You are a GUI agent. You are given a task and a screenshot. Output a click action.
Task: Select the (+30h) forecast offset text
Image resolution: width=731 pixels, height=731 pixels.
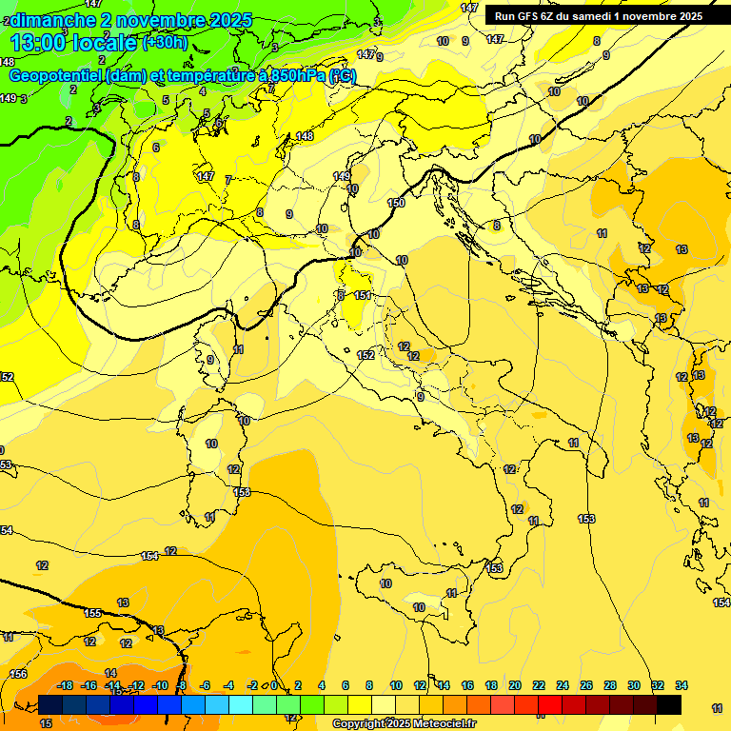pos(165,43)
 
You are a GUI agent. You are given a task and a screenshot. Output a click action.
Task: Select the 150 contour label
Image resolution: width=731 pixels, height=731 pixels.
pos(397,203)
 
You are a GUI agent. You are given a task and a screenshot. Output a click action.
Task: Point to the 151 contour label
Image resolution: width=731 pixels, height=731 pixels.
pos(363,296)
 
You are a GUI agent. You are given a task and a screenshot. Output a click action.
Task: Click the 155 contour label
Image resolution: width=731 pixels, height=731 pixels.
pos(92,614)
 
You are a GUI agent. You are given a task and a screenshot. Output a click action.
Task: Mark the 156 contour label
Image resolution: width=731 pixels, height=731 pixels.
pos(18,674)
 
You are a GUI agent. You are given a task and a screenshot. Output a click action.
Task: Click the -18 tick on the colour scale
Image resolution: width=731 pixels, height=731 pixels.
pos(66,685)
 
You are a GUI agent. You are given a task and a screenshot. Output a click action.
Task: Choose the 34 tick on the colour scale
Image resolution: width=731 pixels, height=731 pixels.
pos(682,685)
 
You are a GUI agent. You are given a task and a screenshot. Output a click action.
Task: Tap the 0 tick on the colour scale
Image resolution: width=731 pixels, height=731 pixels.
pos(274,685)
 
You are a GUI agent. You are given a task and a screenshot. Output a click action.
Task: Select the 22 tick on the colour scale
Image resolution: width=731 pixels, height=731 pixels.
pos(539,685)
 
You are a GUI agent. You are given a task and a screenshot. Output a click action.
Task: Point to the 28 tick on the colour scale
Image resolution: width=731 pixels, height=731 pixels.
pos(610,685)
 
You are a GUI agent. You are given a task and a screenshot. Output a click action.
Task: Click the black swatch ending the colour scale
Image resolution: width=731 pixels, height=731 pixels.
pos(668,704)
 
